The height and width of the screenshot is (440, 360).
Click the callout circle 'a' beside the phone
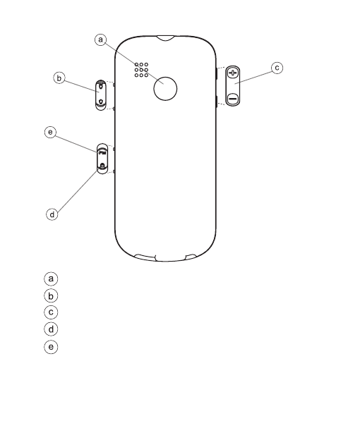[100, 40]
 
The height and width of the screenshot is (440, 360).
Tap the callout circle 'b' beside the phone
[59, 78]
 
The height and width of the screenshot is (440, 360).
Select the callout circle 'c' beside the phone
[277, 68]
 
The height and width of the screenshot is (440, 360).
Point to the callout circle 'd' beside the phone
[52, 214]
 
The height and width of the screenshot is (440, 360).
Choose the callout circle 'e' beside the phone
[50, 132]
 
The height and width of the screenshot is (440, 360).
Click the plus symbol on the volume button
[233, 73]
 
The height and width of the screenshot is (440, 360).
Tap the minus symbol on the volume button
[233, 99]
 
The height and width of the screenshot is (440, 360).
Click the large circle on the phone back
[165, 89]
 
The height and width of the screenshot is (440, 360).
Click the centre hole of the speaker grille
[141, 70]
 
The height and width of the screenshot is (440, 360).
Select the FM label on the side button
[102, 153]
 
